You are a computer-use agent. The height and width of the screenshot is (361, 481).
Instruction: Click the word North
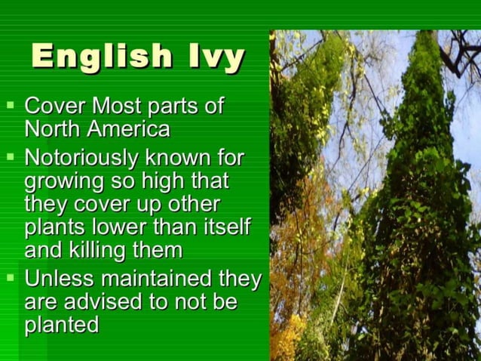coord(53,128)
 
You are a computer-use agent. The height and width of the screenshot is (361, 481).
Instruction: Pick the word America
coord(128,128)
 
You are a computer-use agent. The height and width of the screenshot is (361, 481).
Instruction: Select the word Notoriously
coord(81,158)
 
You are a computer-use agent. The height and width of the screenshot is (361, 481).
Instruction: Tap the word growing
coord(64,183)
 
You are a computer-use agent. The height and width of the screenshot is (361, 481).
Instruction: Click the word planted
coord(62,326)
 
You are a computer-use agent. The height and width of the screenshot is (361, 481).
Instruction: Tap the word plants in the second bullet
coord(53,228)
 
